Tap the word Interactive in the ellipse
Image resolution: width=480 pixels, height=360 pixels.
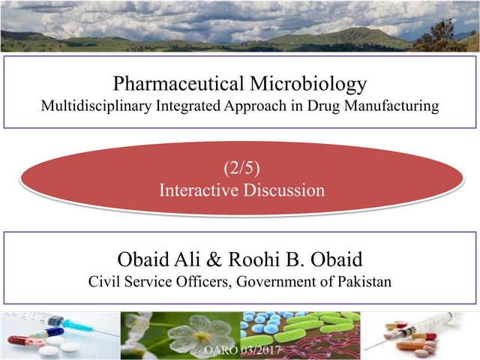point(197,190)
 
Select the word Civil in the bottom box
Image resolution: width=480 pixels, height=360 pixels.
point(103,282)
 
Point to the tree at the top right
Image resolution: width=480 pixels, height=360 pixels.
point(446,34)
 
